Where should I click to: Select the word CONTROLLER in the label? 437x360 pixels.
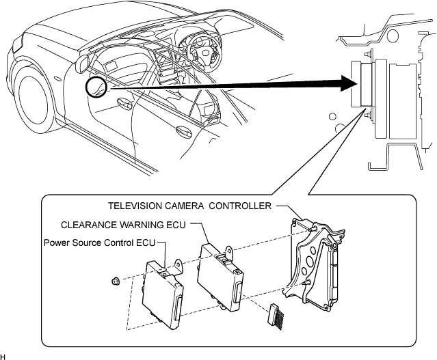coord(240,206)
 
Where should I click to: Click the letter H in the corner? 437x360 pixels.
coord(3,357)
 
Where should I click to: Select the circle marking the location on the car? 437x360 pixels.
coord(96,87)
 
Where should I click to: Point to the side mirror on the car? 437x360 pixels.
coord(83,64)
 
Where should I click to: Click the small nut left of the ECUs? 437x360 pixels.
coord(114,281)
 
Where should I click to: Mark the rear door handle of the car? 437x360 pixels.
coord(184,131)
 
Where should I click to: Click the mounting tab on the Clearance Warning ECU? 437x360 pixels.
coord(229,251)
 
